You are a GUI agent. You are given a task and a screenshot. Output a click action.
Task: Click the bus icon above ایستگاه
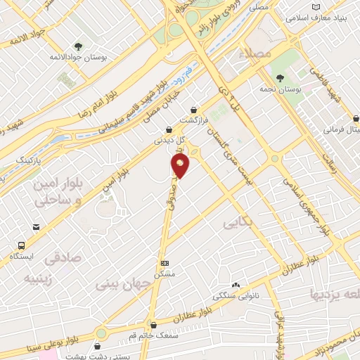[x=22, y=246]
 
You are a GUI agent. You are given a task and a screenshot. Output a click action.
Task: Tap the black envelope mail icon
[x=35, y=227]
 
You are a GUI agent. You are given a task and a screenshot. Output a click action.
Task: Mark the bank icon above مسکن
[x=165, y=262]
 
